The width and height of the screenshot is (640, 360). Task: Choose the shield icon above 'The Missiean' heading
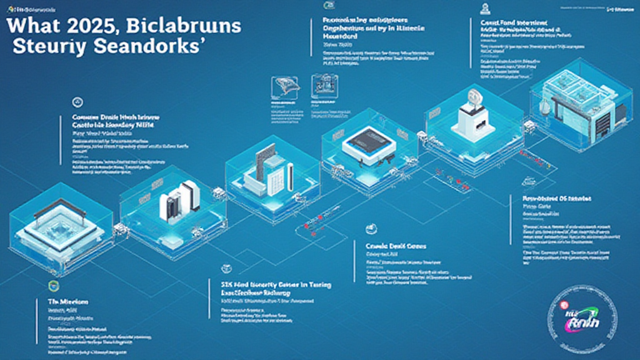pyautogui.click(x=52, y=286)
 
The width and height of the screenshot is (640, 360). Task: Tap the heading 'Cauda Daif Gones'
pyautogui.click(x=395, y=246)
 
